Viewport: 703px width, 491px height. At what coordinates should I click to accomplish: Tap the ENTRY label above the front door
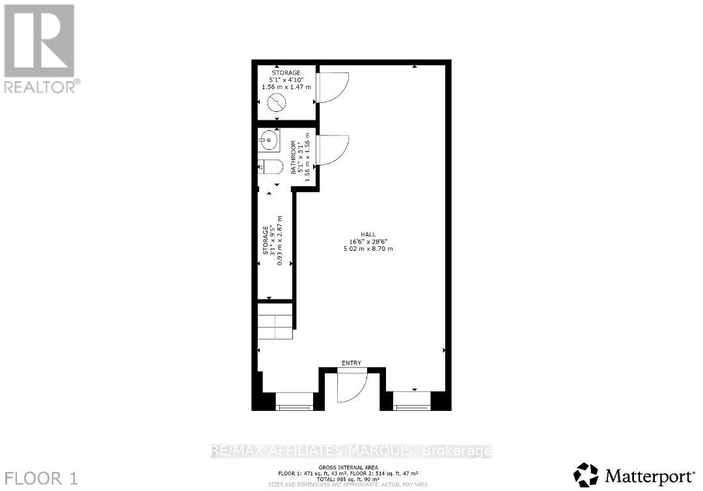pos(351,363)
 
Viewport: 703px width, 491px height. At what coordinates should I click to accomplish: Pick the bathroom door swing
pos(332,150)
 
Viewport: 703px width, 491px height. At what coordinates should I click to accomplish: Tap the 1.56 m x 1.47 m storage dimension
pos(286,87)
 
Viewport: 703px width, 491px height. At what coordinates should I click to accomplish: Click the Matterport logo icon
pos(586,473)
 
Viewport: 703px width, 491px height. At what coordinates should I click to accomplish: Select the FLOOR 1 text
pos(40,478)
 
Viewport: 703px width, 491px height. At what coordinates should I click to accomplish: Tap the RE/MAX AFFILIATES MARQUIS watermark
pos(351,451)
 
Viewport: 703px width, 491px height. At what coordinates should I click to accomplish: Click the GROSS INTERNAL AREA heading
pos(351,468)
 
